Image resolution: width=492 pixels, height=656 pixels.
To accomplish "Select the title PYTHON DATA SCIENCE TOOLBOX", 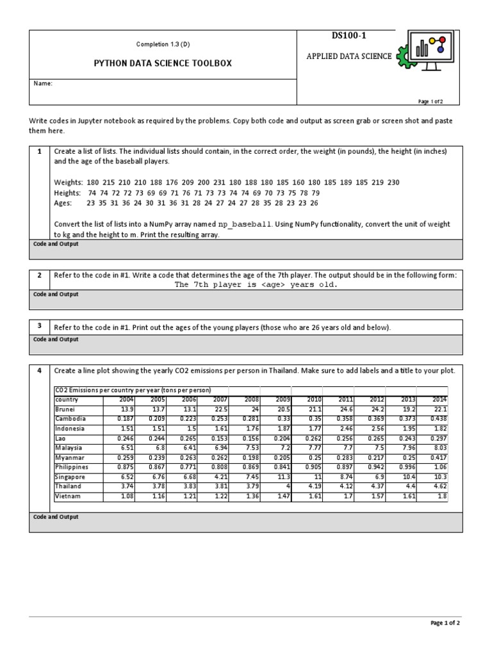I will [x=163, y=63].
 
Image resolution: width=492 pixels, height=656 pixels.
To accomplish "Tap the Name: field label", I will [x=43, y=83].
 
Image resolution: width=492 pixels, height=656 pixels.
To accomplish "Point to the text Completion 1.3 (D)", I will [x=163, y=44].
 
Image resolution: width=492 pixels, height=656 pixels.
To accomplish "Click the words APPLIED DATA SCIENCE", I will [x=349, y=56].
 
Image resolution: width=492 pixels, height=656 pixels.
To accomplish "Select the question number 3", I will [x=39, y=325].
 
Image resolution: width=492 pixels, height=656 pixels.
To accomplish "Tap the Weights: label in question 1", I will [x=69, y=183].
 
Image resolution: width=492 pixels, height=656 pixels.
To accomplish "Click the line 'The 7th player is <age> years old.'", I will [x=256, y=284].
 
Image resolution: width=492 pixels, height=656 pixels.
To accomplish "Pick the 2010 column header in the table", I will [x=314, y=400].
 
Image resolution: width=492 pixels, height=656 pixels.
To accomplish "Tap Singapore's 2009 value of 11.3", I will [x=283, y=477].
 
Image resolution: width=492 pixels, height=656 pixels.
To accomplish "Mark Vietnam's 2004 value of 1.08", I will [x=124, y=496].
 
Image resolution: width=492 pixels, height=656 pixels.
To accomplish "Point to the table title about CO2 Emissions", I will [x=133, y=390].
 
